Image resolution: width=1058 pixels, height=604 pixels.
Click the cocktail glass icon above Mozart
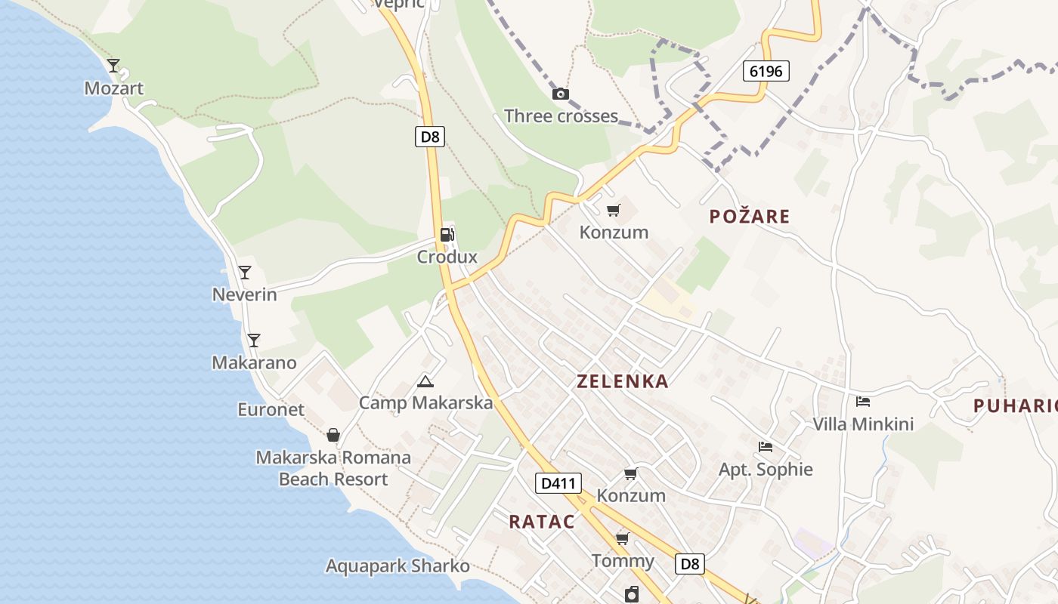[113, 66]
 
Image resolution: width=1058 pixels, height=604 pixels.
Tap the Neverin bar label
[244, 294]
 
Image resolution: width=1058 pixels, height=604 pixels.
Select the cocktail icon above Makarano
[254, 341]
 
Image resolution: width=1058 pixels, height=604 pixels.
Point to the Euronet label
[271, 410]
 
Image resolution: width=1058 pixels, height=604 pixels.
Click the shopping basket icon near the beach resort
[333, 436]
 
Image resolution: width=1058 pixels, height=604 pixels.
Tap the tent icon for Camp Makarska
[425, 382]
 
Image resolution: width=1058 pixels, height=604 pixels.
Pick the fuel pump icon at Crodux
[447, 234]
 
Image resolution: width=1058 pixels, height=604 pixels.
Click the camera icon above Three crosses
[561, 94]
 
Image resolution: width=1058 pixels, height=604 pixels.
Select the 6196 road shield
[766, 72]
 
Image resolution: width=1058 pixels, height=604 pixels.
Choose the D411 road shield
[558, 483]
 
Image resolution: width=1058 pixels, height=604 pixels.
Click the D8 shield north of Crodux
[429, 137]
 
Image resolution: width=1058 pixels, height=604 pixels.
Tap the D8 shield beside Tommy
[689, 563]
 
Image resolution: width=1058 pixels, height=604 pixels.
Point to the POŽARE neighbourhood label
[750, 217]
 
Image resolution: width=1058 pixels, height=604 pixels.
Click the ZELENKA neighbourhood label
[623, 381]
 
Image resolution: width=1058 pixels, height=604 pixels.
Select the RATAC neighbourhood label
[542, 522]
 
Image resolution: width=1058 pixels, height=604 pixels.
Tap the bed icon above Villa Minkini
[863, 402]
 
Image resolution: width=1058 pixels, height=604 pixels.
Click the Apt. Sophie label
[766, 470]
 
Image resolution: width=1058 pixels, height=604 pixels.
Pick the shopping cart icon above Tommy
[623, 538]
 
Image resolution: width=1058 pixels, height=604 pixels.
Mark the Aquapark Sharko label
[398, 566]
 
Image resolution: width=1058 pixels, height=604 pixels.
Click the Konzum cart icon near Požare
[614, 210]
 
